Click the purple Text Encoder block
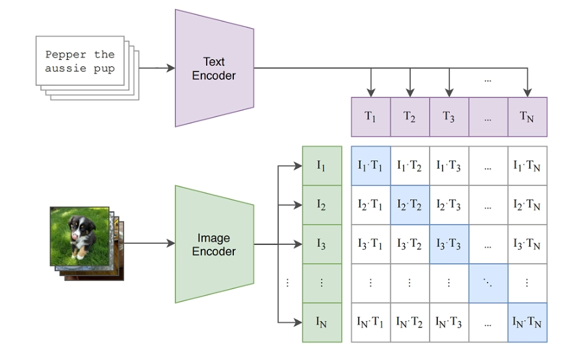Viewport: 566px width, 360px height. pos(214,68)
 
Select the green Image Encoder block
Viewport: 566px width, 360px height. pos(214,244)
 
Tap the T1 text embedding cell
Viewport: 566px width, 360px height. pos(370,117)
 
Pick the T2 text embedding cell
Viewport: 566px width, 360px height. pos(409,117)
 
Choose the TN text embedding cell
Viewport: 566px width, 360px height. pos(527,117)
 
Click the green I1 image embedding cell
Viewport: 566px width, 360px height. pos(322,166)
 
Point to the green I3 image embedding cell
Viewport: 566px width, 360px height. pos(322,244)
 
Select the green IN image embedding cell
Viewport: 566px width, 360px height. pos(322,322)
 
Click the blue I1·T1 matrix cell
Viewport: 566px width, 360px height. pos(370,166)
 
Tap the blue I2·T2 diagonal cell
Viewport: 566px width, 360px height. pos(409,205)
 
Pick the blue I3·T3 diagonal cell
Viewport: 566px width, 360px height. pos(448,244)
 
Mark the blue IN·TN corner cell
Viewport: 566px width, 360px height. pos(527,322)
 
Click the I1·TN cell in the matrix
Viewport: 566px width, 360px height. pos(527,166)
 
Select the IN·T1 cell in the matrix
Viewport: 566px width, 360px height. pos(370,322)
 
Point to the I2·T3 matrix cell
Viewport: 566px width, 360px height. pos(448,205)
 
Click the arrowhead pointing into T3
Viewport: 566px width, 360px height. pos(449,92)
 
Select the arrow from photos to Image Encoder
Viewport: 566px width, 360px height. pos(149,244)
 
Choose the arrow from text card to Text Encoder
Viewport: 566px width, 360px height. pos(156,68)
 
